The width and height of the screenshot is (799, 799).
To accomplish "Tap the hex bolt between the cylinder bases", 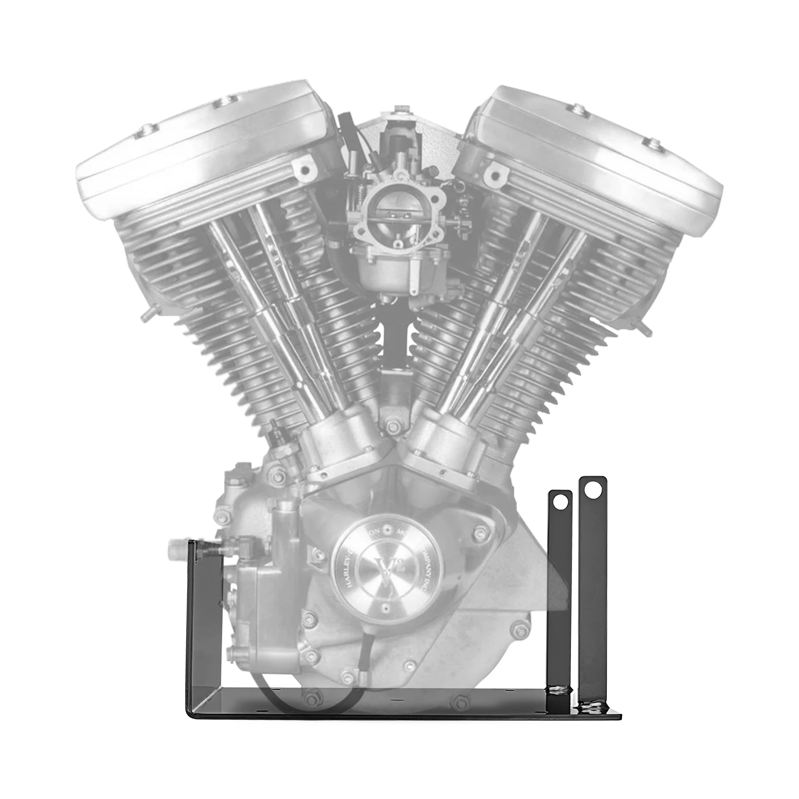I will (x=393, y=427).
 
